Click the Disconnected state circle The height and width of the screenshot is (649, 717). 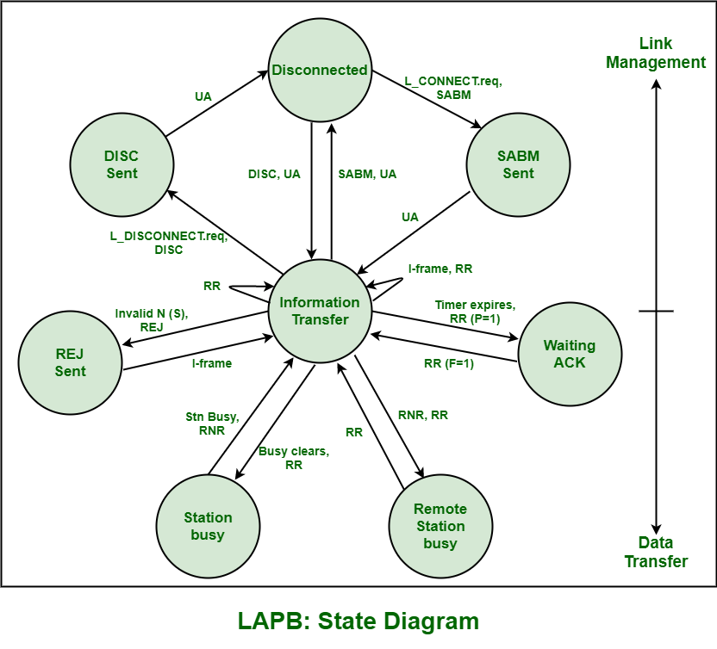[320, 70]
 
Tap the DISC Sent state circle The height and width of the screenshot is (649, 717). [121, 164]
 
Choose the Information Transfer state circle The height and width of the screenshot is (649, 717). [320, 311]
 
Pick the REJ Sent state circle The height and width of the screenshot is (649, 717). [70, 362]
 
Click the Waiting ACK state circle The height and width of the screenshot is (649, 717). [569, 354]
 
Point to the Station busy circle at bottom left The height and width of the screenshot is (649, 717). [208, 526]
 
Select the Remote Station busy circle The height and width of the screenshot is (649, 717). [440, 526]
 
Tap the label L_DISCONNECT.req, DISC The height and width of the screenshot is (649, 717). [156, 243]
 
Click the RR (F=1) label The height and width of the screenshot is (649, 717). [449, 363]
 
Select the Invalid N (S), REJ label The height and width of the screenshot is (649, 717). [152, 320]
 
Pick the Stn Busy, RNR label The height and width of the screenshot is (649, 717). [212, 423]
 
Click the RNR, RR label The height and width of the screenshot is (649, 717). [422, 415]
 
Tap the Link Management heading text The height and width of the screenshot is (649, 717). [656, 53]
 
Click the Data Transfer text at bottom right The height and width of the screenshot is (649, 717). [656, 553]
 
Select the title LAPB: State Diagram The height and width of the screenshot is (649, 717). [358, 621]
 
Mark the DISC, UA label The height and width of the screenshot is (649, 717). [274, 174]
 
